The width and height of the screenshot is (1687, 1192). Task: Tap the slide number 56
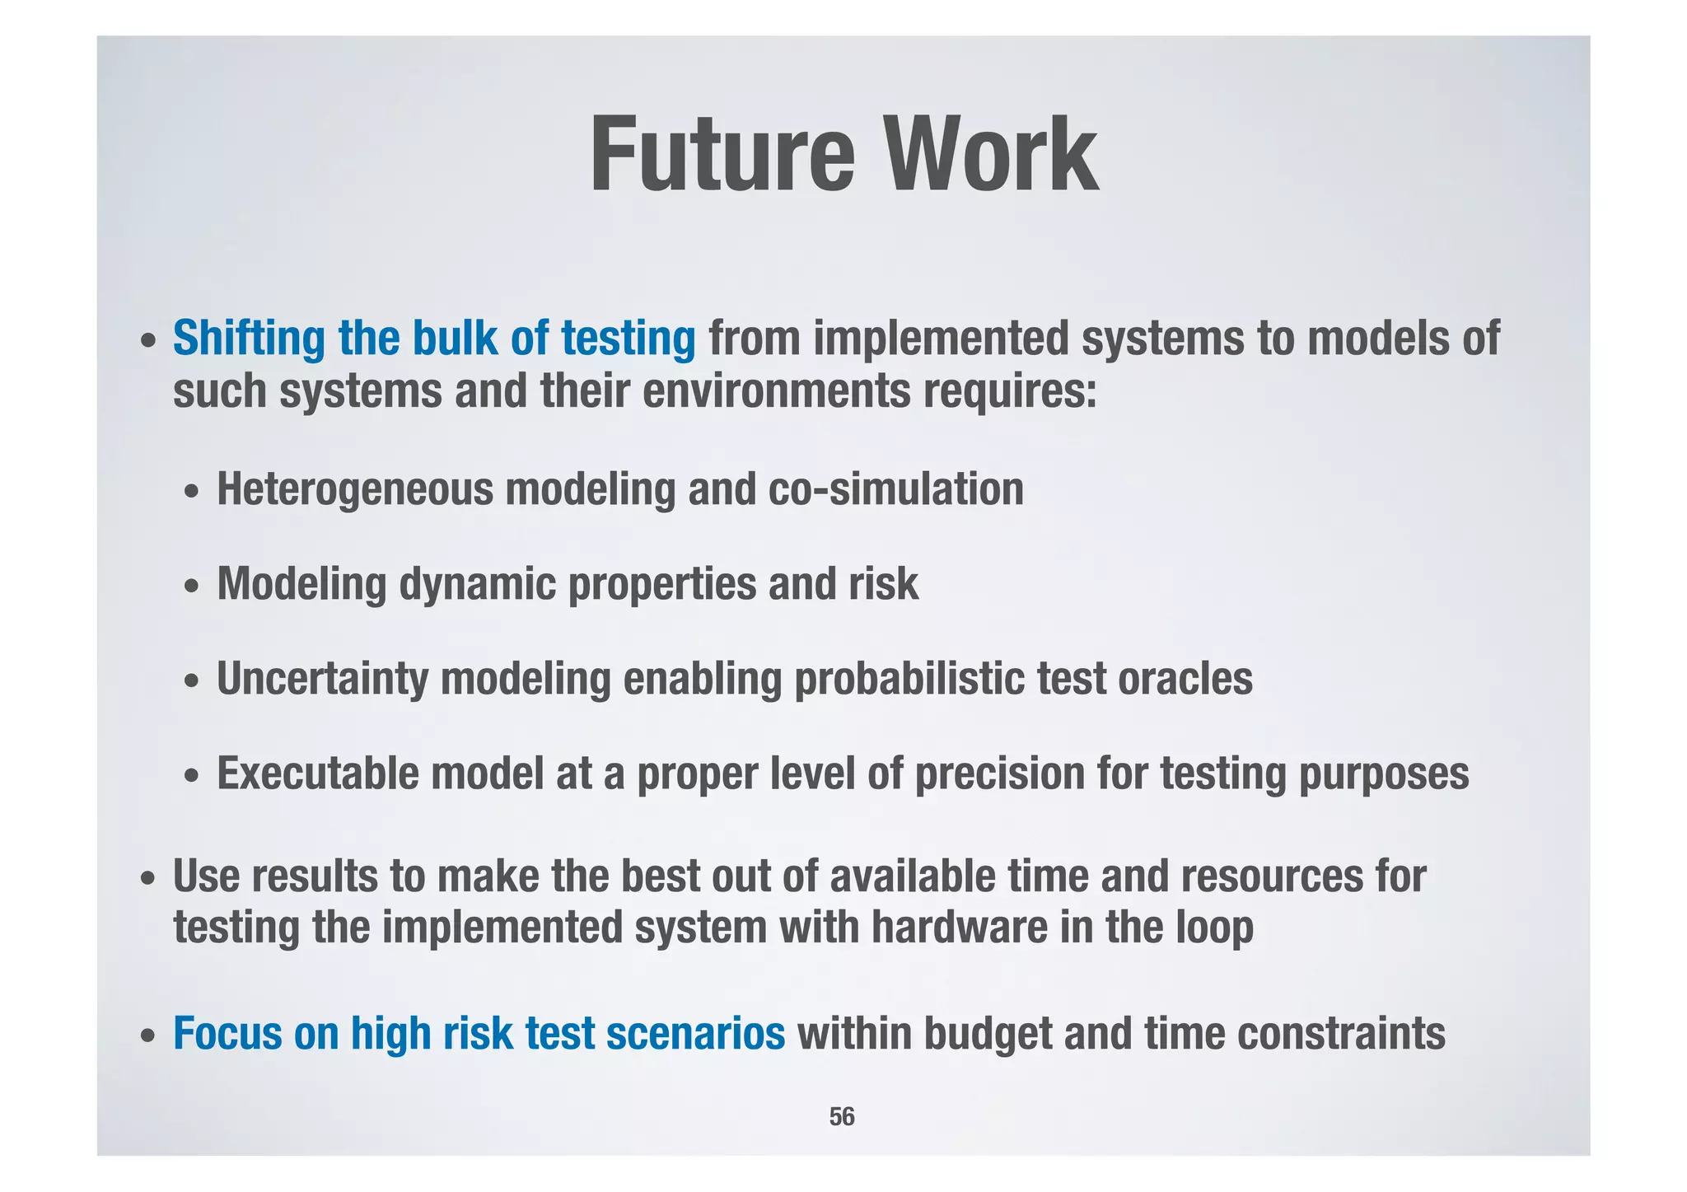click(842, 1116)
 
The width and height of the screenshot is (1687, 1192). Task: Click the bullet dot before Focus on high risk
click(147, 1036)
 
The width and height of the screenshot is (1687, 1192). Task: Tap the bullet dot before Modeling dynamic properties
click(191, 587)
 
